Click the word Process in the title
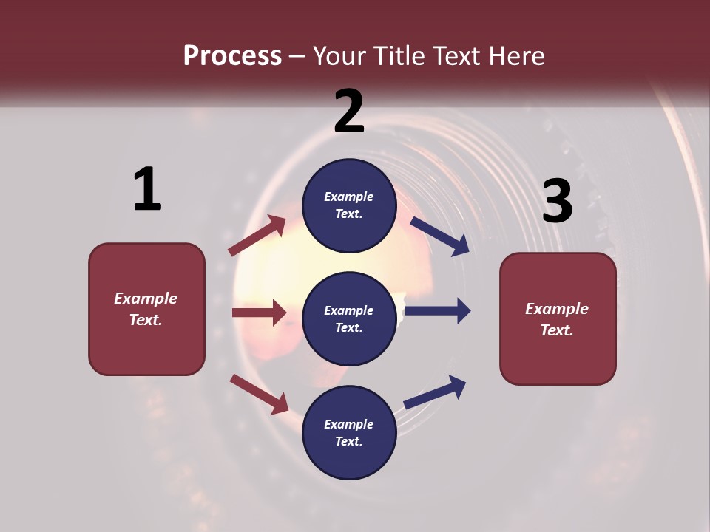pyautogui.click(x=232, y=55)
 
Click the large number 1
pyautogui.click(x=147, y=189)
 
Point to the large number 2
pyautogui.click(x=349, y=111)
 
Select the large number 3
pyautogui.click(x=557, y=201)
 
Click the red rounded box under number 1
pyautogui.click(x=146, y=309)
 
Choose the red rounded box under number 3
pyautogui.click(x=558, y=318)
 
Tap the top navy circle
pyautogui.click(x=349, y=205)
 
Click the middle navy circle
pyautogui.click(x=349, y=318)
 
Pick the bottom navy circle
pyautogui.click(x=349, y=432)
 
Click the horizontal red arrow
pyautogui.click(x=259, y=313)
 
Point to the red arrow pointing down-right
pyautogui.click(x=259, y=394)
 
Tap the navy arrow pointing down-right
pyautogui.click(x=440, y=236)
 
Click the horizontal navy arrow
pyautogui.click(x=438, y=311)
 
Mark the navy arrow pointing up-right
pyautogui.click(x=435, y=392)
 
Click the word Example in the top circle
pyautogui.click(x=349, y=197)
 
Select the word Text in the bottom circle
pyautogui.click(x=348, y=441)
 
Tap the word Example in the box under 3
pyautogui.click(x=557, y=309)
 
